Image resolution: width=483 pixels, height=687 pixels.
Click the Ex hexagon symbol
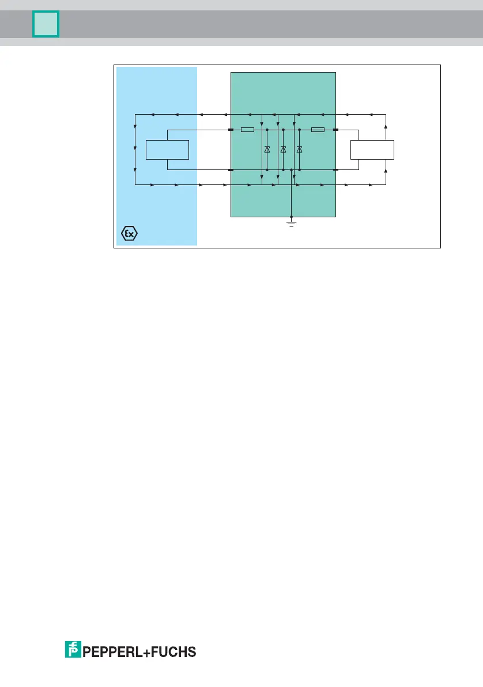[x=130, y=234]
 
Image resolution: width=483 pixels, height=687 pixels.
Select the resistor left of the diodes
[x=247, y=130]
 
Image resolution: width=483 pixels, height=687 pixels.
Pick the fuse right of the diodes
[x=318, y=130]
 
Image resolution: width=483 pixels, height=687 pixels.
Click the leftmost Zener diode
[x=267, y=149]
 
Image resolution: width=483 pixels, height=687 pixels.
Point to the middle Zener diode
[x=283, y=149]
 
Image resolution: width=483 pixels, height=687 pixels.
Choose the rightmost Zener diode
[x=299, y=149]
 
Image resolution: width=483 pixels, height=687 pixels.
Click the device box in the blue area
[x=167, y=149]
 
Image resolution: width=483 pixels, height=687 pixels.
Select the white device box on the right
[x=372, y=149]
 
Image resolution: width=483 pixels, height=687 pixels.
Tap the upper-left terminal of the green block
[x=231, y=130]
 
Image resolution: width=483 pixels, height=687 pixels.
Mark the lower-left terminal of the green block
[x=231, y=170]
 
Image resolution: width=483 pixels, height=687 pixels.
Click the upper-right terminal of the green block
[x=335, y=130]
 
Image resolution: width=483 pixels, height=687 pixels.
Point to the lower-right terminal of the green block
[x=335, y=170]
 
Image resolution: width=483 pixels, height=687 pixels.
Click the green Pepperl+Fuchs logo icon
[x=73, y=650]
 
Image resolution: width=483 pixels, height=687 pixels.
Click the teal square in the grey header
[x=46, y=25]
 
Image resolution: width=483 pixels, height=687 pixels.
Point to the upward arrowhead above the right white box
[x=386, y=124]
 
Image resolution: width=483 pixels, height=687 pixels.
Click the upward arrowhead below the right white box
[x=386, y=172]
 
